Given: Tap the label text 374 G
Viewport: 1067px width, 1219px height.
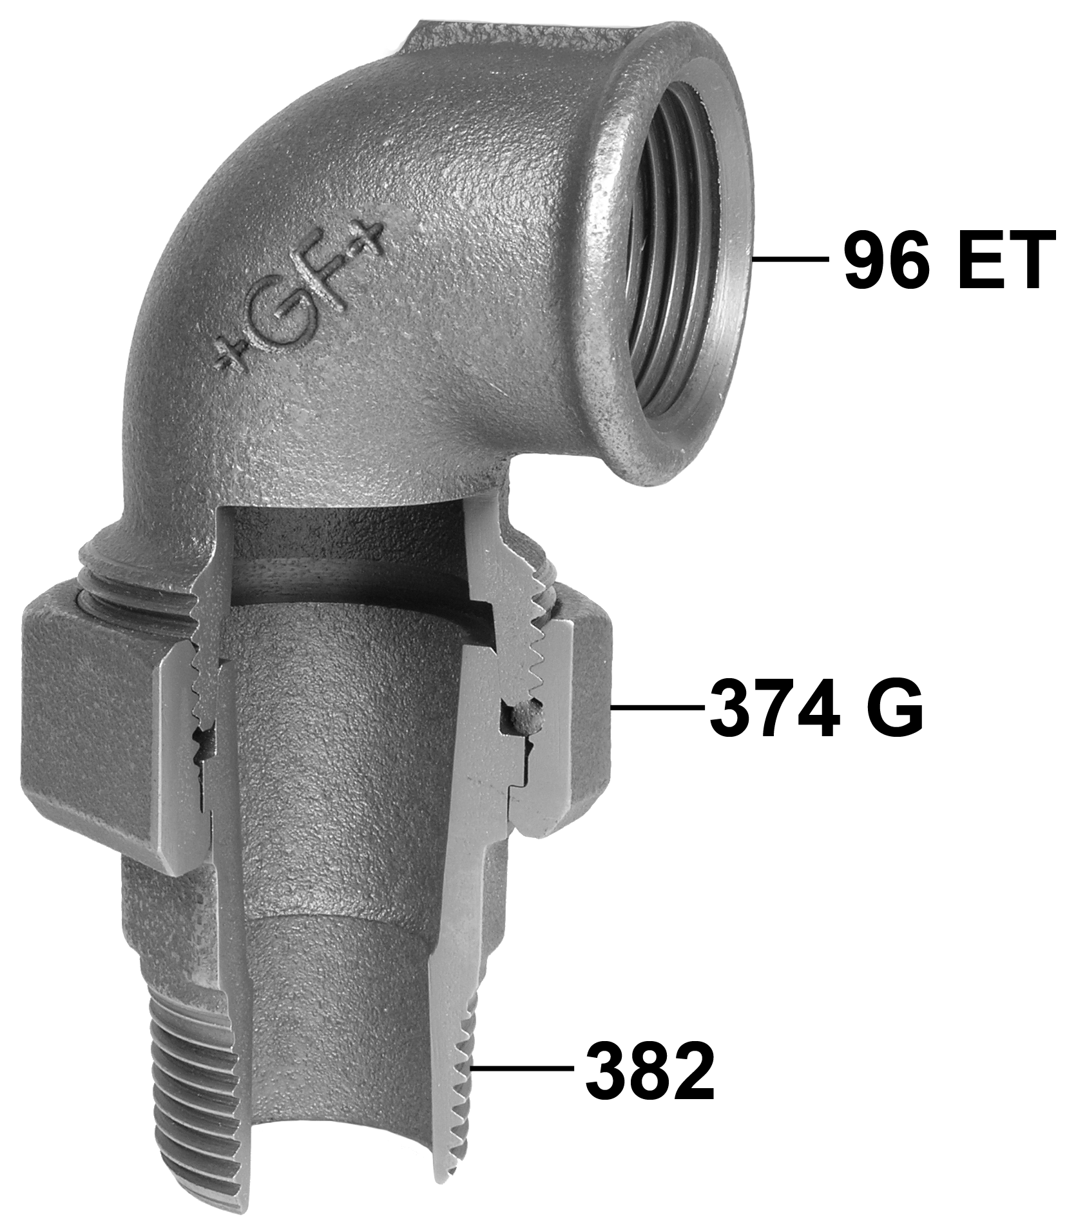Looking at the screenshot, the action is pos(816,708).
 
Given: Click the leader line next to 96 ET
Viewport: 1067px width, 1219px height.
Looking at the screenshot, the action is pos(790,259).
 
